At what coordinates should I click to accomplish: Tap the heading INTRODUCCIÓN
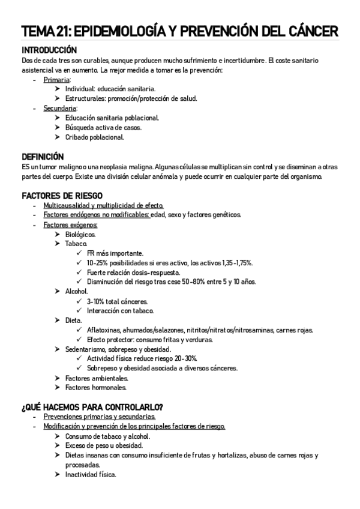coord(49,50)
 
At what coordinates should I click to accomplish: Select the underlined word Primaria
coord(56,80)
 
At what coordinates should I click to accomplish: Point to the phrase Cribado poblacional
coord(95,137)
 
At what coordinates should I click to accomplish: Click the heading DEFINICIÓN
coord(43,156)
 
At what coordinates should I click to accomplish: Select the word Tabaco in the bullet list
coord(76,244)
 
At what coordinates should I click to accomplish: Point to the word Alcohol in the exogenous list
coord(77,291)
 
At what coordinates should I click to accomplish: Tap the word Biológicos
coord(80,234)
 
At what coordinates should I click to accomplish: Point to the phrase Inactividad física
coord(91,474)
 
